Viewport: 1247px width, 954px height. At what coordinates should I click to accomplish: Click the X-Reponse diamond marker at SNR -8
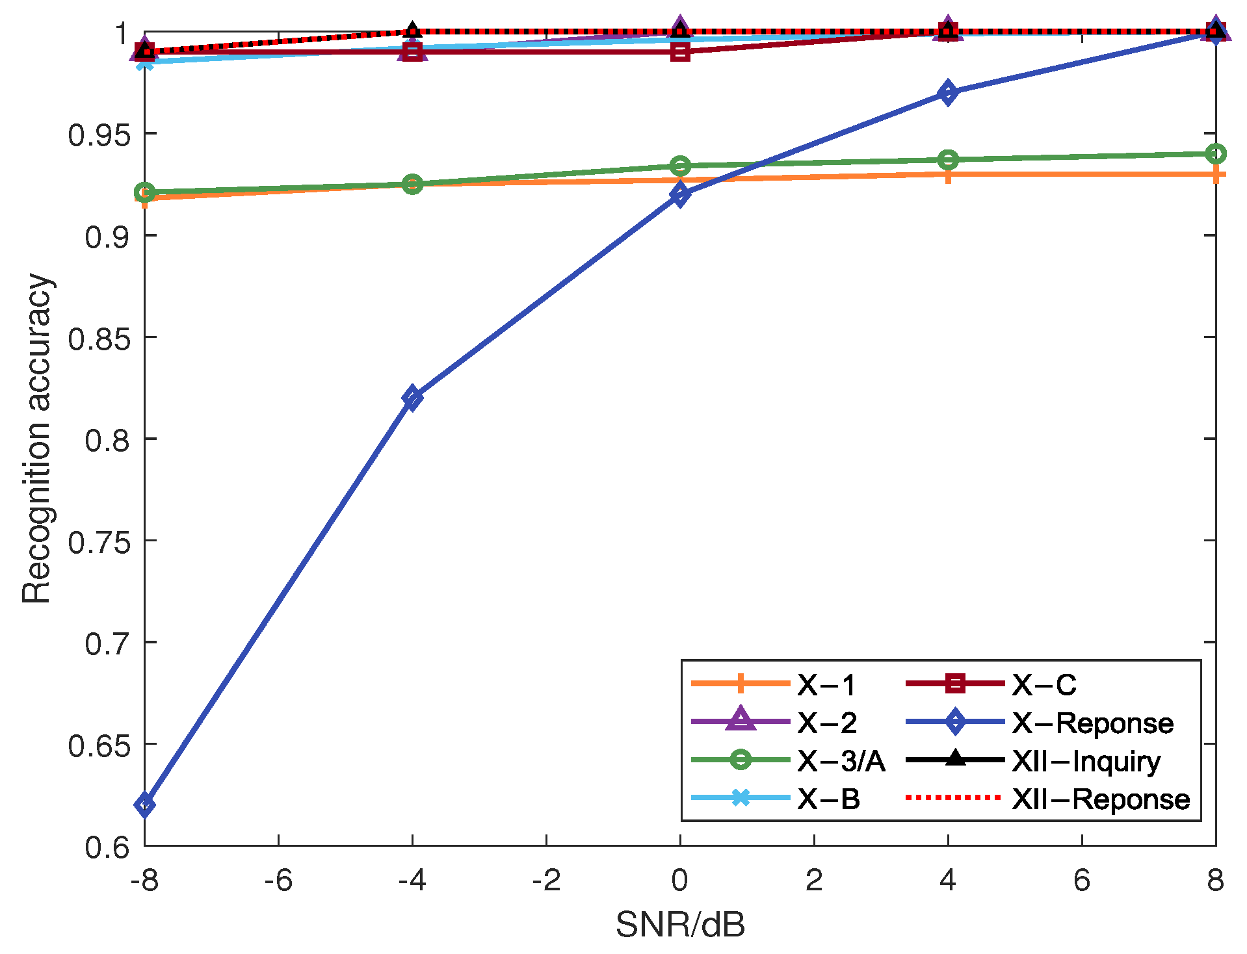point(144,805)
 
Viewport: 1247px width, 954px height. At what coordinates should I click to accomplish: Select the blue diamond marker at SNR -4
point(412,397)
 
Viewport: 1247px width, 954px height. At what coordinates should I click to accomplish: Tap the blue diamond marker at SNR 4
point(948,92)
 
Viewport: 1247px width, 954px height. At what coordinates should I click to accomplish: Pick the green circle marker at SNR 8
point(1215,154)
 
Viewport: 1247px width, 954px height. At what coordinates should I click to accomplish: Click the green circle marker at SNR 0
point(680,166)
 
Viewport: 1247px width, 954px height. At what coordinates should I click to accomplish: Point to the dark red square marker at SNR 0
point(680,51)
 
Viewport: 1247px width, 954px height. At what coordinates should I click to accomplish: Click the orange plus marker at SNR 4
point(948,175)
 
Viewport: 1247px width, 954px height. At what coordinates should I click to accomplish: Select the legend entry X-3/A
point(841,761)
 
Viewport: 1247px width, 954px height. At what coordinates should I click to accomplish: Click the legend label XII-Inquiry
point(1086,761)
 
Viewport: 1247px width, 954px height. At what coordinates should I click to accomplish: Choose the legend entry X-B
point(828,799)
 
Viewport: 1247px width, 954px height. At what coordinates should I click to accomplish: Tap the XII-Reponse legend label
point(1100,799)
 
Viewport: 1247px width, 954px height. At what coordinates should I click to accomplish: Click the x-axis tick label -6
point(278,881)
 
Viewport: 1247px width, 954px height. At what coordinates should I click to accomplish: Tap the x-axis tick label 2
point(814,881)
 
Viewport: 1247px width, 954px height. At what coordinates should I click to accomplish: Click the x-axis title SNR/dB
point(680,925)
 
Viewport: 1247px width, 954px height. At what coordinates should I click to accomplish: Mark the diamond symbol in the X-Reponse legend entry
point(955,722)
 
